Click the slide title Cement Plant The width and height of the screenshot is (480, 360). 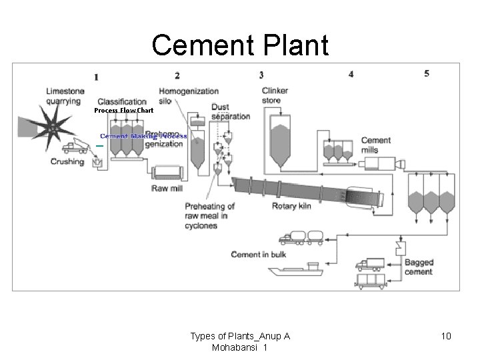240,45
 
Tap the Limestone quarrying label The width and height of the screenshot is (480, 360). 65,96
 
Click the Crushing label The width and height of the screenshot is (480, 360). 67,161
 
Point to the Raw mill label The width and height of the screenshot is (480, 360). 167,189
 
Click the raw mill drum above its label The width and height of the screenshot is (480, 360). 167,173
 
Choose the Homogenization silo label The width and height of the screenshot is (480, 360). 189,95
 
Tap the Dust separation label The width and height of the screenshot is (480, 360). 231,111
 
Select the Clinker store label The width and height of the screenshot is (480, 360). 275,95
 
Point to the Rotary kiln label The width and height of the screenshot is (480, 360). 291,206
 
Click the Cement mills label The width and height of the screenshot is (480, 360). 376,145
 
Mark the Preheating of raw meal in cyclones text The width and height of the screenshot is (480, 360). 210,216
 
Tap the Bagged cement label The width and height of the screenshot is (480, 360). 419,267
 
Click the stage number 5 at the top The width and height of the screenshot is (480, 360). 427,73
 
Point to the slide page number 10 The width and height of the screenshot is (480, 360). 446,336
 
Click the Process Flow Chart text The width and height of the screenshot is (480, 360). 123,110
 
